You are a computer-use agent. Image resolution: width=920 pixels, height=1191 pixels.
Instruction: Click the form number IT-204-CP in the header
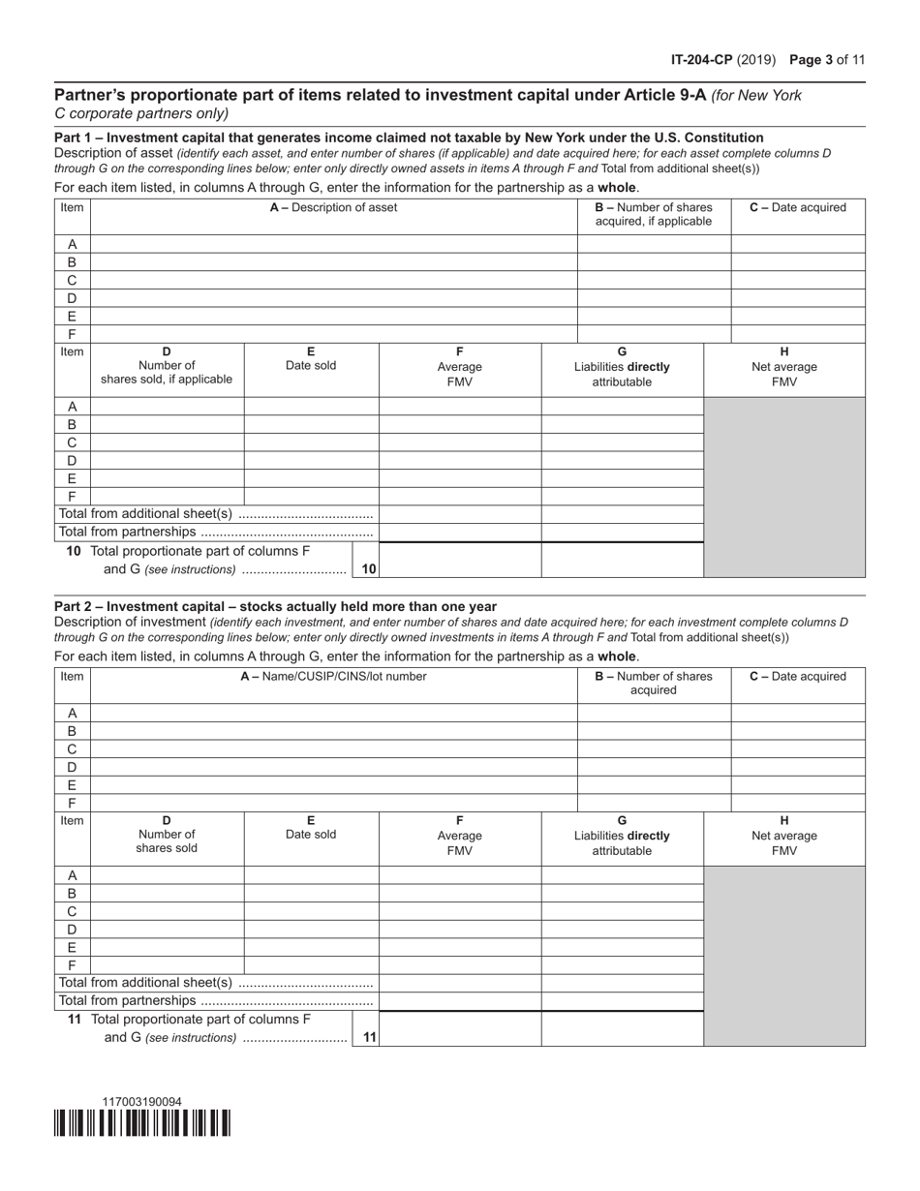701,60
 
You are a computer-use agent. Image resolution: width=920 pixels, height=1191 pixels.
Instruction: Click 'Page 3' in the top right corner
812,60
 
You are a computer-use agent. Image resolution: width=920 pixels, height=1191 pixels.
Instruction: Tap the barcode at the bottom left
142,1122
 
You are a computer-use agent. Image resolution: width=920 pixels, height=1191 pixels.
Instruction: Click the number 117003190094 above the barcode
141,1102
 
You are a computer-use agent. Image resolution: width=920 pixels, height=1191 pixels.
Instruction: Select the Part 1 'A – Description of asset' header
333,207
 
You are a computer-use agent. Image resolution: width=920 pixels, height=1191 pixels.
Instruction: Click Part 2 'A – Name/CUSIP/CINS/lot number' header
333,676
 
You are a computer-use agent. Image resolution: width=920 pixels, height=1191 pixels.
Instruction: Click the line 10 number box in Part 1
368,569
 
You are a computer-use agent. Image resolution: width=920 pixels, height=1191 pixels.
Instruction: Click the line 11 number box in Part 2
368,1037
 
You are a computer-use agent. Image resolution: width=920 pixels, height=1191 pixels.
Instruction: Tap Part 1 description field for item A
333,244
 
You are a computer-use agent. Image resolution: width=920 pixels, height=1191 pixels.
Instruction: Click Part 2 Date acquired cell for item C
797,748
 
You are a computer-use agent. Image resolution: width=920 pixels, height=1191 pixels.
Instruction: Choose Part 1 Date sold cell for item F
311,496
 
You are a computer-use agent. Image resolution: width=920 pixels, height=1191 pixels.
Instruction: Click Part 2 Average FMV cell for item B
459,893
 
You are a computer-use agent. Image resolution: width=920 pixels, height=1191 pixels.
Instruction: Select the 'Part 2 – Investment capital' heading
275,606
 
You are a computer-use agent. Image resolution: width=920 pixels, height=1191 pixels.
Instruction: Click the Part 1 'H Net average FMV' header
783,366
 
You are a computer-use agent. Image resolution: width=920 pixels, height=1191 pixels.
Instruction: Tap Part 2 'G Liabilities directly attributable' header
622,835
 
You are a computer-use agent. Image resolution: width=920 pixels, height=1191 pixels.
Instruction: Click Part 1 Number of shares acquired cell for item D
654,298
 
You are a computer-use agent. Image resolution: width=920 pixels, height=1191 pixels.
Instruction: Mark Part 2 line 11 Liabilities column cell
622,1028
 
